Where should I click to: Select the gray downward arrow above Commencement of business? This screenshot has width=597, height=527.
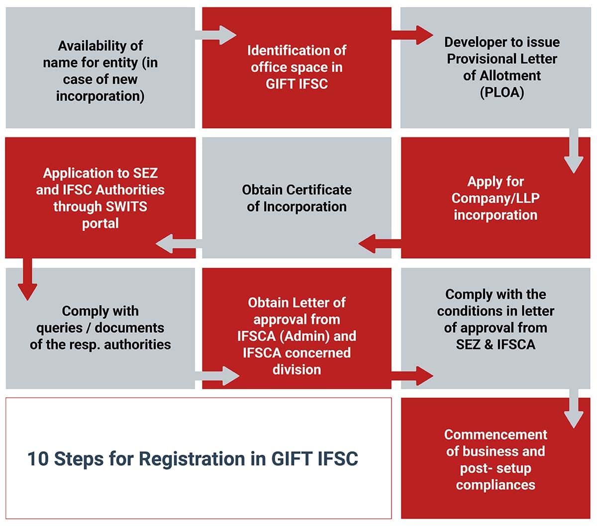click(574, 408)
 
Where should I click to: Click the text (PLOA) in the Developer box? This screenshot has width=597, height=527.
click(501, 93)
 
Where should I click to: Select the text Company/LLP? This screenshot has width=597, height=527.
click(495, 198)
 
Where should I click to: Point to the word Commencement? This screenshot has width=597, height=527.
click(496, 434)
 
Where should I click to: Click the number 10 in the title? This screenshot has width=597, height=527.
click(38, 459)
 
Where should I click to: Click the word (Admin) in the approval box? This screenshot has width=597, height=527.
click(305, 336)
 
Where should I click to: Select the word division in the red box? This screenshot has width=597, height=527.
click(297, 370)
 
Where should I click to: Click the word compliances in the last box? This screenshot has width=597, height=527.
click(496, 485)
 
